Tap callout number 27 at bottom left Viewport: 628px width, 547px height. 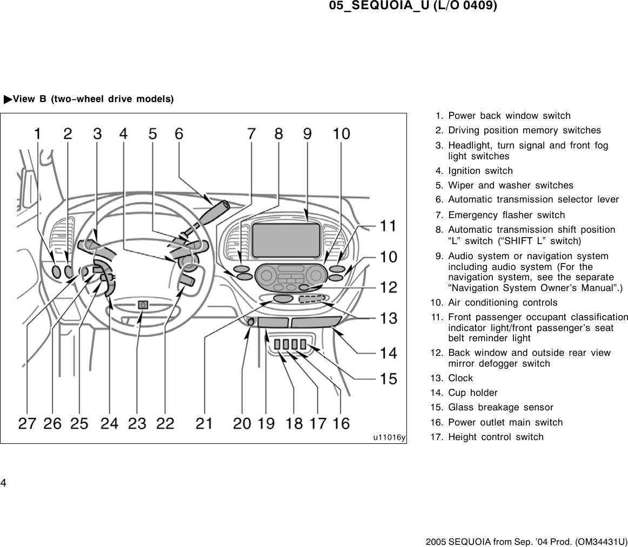[28, 424]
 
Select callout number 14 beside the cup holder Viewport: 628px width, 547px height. [388, 353]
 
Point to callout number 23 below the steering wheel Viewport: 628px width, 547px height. [137, 424]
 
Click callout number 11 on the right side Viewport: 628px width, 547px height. [388, 226]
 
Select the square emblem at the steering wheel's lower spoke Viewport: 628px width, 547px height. [143, 305]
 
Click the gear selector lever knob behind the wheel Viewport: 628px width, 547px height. [215, 207]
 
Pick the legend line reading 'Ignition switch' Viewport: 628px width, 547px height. [480, 171]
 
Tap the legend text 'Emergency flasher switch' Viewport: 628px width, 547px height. [506, 215]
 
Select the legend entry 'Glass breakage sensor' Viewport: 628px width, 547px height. [500, 407]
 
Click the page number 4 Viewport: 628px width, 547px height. [3, 482]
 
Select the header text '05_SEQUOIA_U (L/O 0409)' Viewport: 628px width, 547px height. [413, 6]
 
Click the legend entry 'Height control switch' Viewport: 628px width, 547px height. [496, 437]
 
